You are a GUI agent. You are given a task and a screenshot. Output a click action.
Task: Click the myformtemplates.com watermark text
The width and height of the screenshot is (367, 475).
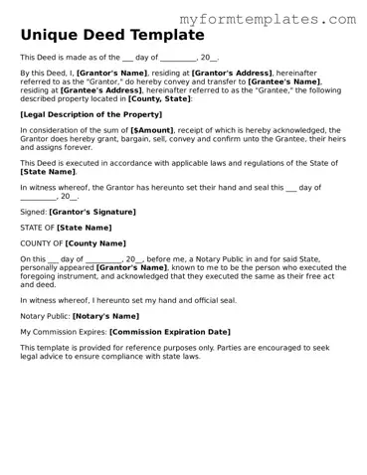(x=267, y=19)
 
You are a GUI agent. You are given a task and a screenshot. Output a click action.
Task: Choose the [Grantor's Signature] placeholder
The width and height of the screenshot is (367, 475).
(x=92, y=212)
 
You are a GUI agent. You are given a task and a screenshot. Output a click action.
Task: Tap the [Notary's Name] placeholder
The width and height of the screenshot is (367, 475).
(x=105, y=316)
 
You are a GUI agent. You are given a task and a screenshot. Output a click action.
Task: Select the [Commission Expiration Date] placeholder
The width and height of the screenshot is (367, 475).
(x=169, y=331)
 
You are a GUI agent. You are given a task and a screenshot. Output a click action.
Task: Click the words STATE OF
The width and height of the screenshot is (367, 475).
(x=37, y=228)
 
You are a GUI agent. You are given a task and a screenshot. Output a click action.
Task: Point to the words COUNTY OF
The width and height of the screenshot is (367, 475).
(x=41, y=242)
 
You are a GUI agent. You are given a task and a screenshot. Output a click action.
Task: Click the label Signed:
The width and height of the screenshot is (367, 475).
(x=33, y=212)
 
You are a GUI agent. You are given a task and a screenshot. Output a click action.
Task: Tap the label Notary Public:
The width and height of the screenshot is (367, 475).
(x=44, y=316)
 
